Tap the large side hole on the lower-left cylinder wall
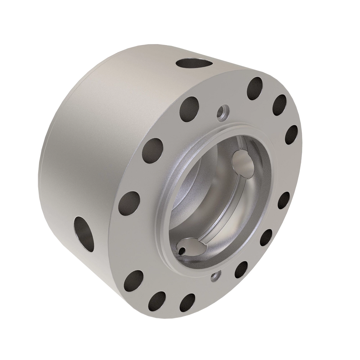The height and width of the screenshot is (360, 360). click(x=84, y=230)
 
